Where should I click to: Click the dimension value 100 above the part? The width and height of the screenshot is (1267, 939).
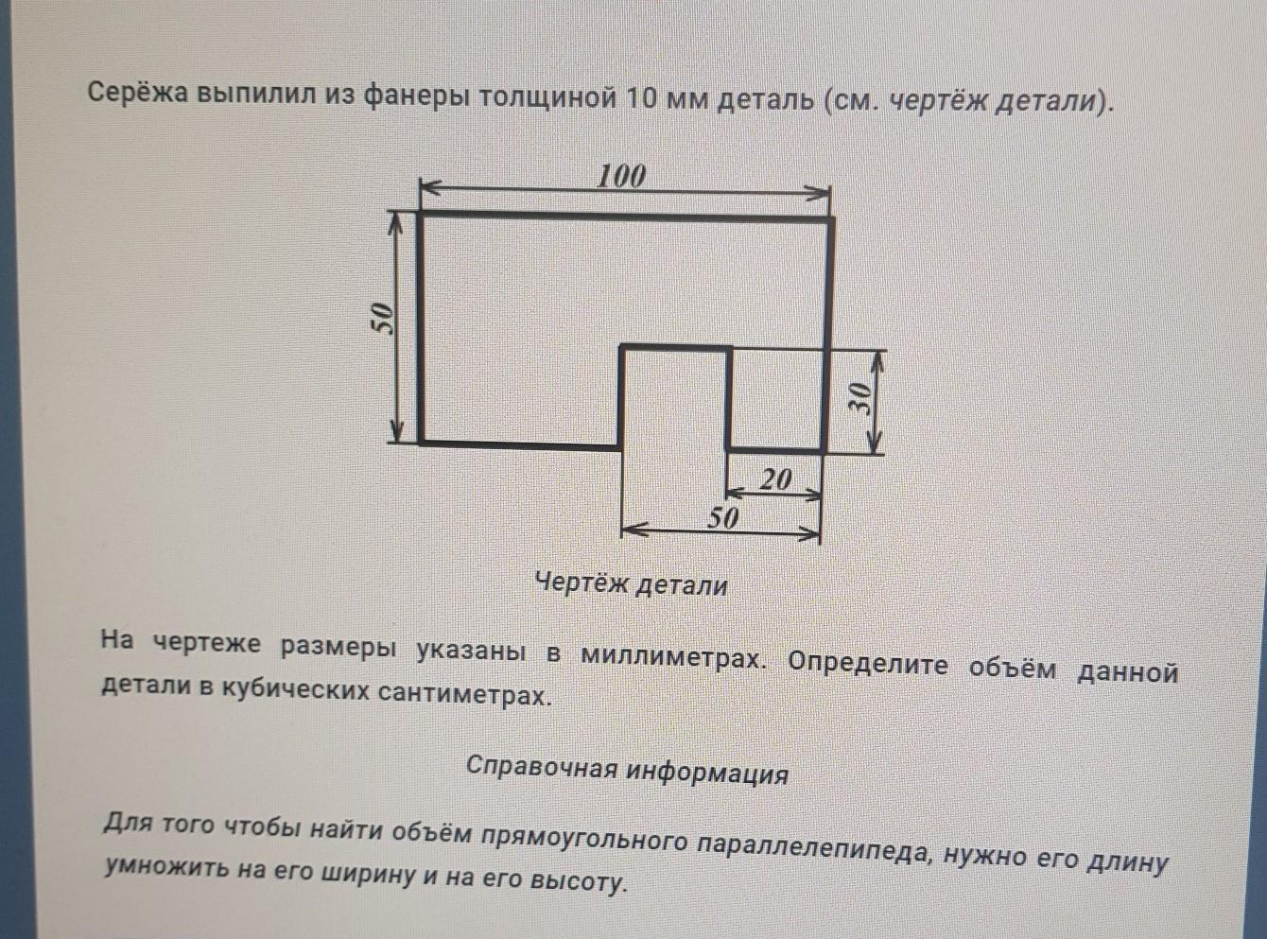coord(622,176)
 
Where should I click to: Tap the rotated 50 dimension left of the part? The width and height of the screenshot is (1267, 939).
coord(382,319)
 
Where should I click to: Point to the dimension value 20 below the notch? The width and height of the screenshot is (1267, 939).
coord(776,479)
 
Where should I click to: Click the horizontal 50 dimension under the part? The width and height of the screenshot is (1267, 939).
coord(722,517)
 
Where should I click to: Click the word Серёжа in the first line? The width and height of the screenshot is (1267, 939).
coord(139,95)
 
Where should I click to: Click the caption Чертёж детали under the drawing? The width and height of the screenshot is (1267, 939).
coord(632,584)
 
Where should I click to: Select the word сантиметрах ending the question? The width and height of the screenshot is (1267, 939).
coord(464,695)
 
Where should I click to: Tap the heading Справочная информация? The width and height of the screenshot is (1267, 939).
coord(627,770)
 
